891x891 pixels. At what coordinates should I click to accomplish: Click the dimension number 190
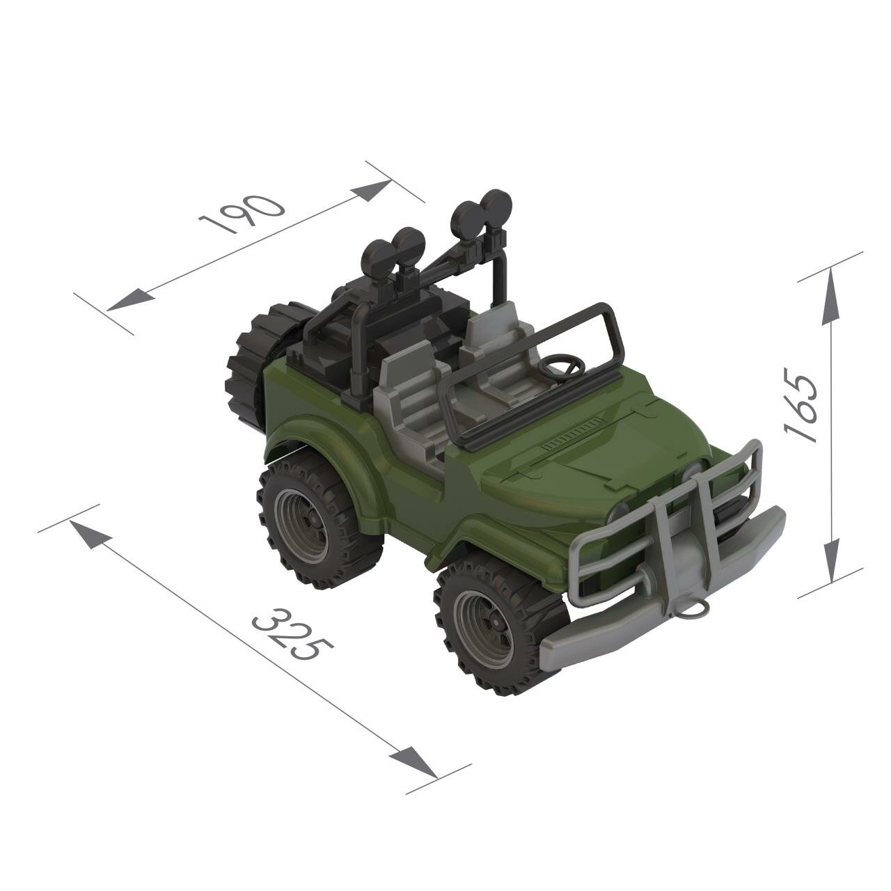pos(242,213)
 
